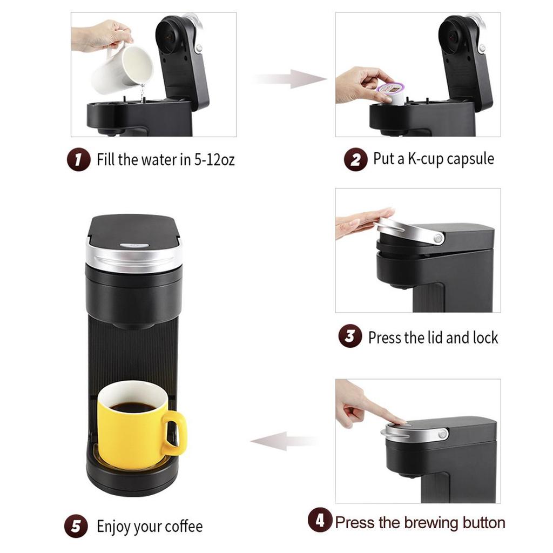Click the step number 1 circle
tap(78, 160)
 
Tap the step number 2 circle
tap(355, 160)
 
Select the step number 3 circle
tap(350, 337)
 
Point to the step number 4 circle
tap(320, 521)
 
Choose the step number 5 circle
tap(76, 526)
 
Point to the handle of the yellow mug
tap(176, 432)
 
